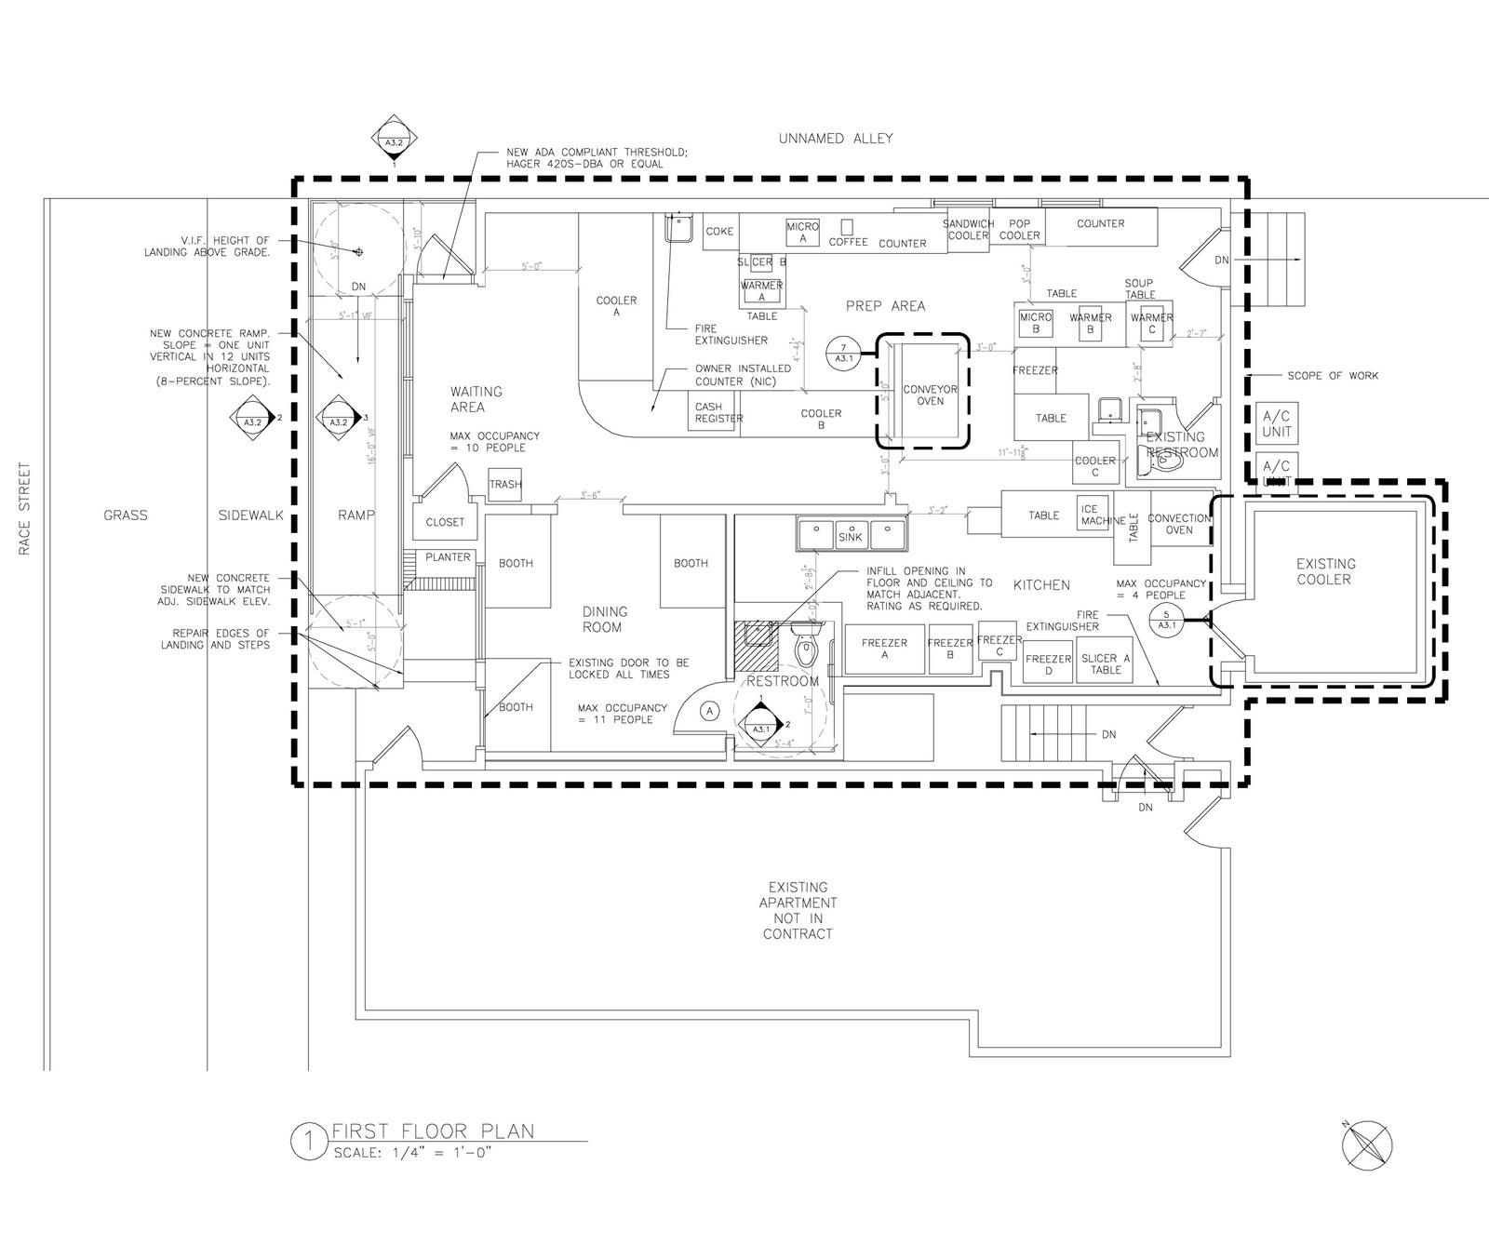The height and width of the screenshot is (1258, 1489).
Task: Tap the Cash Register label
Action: coord(718,412)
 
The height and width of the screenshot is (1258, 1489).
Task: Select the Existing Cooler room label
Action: coord(1323,571)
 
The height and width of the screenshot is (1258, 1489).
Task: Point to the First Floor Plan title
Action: coord(433,1131)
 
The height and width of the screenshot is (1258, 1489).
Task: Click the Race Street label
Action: coord(26,508)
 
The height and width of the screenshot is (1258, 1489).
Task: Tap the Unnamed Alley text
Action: coord(836,139)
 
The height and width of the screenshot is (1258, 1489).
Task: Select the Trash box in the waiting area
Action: coord(505,484)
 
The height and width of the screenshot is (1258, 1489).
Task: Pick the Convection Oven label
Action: coord(1178,524)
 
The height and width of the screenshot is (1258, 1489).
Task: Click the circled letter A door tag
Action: coord(709,711)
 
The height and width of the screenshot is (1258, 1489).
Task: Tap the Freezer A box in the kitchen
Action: coord(884,649)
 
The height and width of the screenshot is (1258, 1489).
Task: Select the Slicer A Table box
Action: coord(1105,663)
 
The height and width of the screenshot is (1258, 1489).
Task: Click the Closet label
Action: coord(445,522)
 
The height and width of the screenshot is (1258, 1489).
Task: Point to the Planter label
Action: coord(449,557)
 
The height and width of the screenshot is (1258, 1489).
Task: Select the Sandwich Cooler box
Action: coord(968,230)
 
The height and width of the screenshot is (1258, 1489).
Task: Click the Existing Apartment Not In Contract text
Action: coord(798,910)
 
